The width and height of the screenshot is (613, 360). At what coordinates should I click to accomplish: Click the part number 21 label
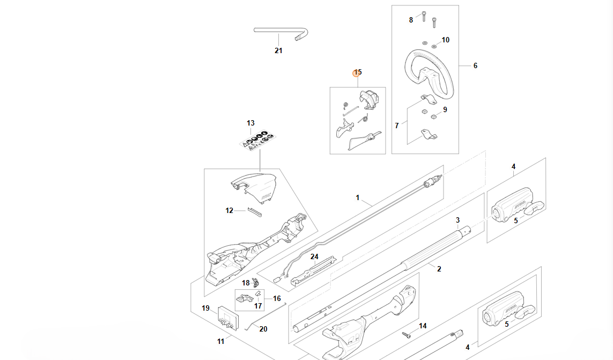(x=278, y=51)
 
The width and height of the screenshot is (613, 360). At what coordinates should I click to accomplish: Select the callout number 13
(x=250, y=123)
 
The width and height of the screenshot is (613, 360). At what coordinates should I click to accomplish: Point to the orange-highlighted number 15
(x=357, y=72)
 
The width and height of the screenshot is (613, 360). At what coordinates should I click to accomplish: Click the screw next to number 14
(x=407, y=334)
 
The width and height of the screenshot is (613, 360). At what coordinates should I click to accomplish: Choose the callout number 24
(x=314, y=256)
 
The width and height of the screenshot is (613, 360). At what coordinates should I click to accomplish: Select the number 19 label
(x=205, y=308)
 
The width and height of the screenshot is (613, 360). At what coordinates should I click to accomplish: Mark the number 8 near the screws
(x=411, y=20)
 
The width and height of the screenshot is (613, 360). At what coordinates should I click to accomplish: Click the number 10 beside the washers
(x=446, y=40)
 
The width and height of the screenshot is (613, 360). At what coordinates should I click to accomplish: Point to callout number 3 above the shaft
(x=457, y=220)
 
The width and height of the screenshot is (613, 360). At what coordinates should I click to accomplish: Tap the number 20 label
(x=263, y=329)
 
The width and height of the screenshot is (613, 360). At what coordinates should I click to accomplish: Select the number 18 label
(x=246, y=283)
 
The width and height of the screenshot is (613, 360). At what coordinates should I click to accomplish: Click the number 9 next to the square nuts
(x=445, y=109)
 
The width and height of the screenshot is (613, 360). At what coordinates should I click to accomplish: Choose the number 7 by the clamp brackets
(x=397, y=126)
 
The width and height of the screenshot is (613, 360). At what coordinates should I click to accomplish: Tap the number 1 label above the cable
(x=358, y=198)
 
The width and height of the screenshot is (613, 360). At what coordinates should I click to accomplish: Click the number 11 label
(x=221, y=341)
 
